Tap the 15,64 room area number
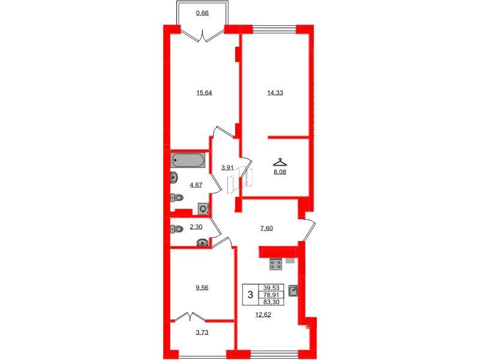click(x=205, y=92)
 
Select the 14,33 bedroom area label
click(x=275, y=92)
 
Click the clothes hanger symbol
click(x=278, y=161)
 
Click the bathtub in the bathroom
click(x=188, y=160)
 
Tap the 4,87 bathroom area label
click(x=196, y=185)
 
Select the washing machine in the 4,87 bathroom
click(x=204, y=209)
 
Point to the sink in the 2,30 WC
click(x=203, y=242)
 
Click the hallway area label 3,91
click(x=227, y=168)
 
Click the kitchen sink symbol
click(x=293, y=291)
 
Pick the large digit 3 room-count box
click(x=249, y=295)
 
